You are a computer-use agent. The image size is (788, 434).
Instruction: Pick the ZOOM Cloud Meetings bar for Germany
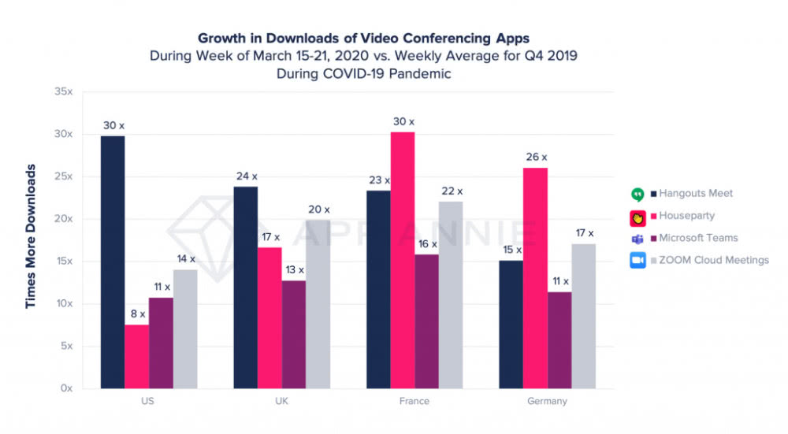pos(584,316)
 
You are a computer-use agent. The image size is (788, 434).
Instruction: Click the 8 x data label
pos(137,313)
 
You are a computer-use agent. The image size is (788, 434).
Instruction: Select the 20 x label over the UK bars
pos(318,210)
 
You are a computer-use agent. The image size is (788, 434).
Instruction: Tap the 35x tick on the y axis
pos(63,91)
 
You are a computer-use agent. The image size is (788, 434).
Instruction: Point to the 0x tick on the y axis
pos(66,388)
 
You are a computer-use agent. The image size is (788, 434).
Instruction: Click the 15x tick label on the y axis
pos(63,262)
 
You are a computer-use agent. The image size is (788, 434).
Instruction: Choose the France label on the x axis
pos(414,401)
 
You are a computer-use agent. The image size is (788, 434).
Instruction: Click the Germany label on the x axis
pos(546,401)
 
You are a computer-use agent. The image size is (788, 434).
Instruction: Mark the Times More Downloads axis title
pos(31,236)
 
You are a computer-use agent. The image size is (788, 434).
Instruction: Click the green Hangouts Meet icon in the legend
pos(637,194)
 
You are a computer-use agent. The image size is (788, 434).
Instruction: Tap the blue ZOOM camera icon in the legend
pos(637,260)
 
